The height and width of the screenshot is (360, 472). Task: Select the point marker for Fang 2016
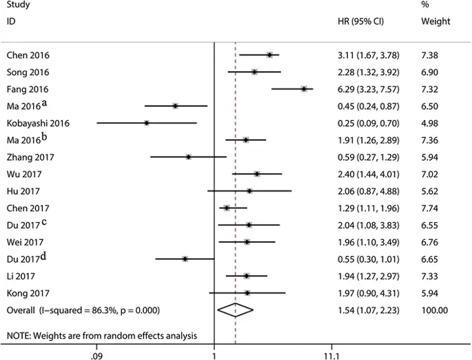click(x=304, y=89)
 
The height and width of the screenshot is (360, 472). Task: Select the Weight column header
click(x=435, y=21)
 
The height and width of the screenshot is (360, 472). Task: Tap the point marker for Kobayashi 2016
click(x=147, y=123)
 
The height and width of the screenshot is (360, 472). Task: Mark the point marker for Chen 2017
click(x=227, y=208)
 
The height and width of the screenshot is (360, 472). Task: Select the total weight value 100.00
click(x=434, y=310)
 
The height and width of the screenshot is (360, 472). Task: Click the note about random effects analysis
click(x=102, y=336)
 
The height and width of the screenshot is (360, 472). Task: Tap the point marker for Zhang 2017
click(x=188, y=157)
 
